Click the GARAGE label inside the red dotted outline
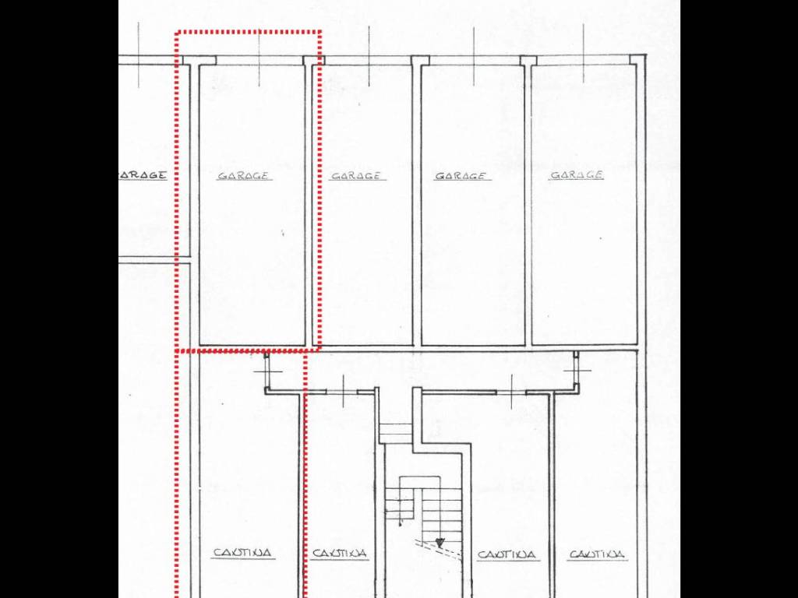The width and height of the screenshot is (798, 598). point(243,175)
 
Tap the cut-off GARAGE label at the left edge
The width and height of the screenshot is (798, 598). point(143,175)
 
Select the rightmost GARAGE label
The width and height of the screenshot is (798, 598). point(577,175)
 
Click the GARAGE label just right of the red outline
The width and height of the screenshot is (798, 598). point(355,176)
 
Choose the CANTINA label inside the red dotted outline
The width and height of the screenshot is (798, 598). point(242,553)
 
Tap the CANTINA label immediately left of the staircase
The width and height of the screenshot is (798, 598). point(340,553)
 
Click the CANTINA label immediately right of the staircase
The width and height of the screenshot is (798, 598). point(507,554)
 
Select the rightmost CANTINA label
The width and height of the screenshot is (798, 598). point(596,554)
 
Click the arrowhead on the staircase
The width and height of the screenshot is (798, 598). point(440,542)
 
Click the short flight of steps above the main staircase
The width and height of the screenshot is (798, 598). point(395,433)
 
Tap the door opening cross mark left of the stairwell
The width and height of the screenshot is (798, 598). point(344,392)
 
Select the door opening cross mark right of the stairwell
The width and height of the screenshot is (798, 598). point(511,392)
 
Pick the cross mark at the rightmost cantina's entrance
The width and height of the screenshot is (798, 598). point(577,370)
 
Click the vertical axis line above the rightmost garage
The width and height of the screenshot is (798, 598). point(583,54)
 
